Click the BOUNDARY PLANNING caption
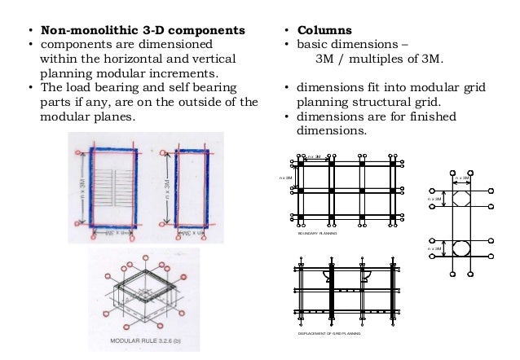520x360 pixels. tap(319, 234)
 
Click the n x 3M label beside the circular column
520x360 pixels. tap(436, 248)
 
